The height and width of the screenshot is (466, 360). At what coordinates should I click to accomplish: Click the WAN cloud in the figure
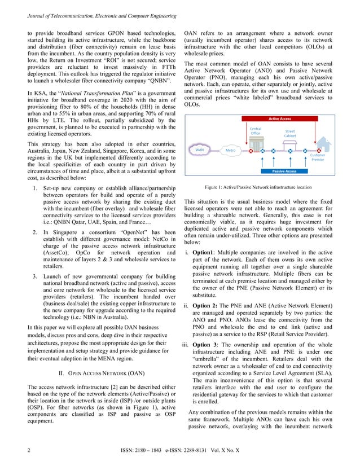[200, 151]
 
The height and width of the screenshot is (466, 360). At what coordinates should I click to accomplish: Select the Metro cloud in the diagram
[230, 151]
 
